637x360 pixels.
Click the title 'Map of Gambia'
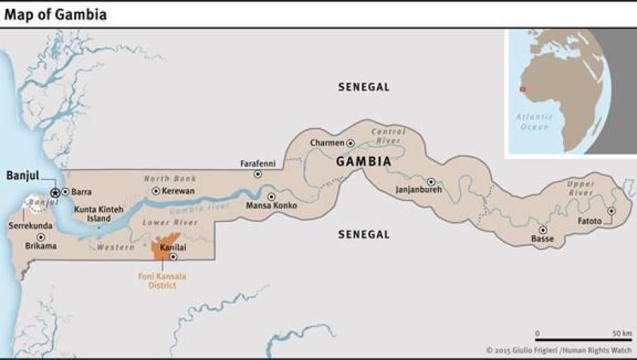[x=55, y=13]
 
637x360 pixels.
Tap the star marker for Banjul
[x=55, y=192]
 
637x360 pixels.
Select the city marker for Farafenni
[x=257, y=174]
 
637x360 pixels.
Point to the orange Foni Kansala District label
[x=158, y=281]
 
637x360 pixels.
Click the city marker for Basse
[x=542, y=229]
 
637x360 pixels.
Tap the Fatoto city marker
[x=611, y=211]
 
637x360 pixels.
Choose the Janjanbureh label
[x=419, y=190]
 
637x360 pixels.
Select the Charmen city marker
[x=350, y=143]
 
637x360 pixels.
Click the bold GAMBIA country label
[x=364, y=162]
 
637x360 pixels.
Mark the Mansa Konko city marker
[x=271, y=197]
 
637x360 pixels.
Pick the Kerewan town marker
[x=156, y=191]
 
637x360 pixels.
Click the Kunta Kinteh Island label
[x=99, y=214]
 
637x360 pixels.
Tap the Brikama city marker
[x=40, y=237]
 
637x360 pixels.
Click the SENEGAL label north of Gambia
[x=364, y=87]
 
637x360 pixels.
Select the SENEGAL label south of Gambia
[x=364, y=234]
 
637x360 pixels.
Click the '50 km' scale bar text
[x=622, y=334]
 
